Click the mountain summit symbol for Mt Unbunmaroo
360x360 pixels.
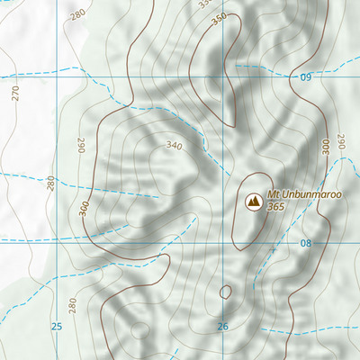tap(253, 201)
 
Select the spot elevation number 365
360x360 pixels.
tap(276, 207)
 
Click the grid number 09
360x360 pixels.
tap(305, 78)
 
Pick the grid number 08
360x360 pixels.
tap(305, 243)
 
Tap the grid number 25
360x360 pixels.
tap(57, 326)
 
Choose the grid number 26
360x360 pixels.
tap(222, 326)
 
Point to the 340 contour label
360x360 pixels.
tap(174, 145)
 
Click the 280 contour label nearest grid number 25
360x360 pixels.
tap(73, 303)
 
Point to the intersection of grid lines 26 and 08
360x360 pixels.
tap(222, 241)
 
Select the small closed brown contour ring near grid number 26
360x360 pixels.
tap(225, 292)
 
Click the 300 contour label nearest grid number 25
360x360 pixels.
tap(84, 208)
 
